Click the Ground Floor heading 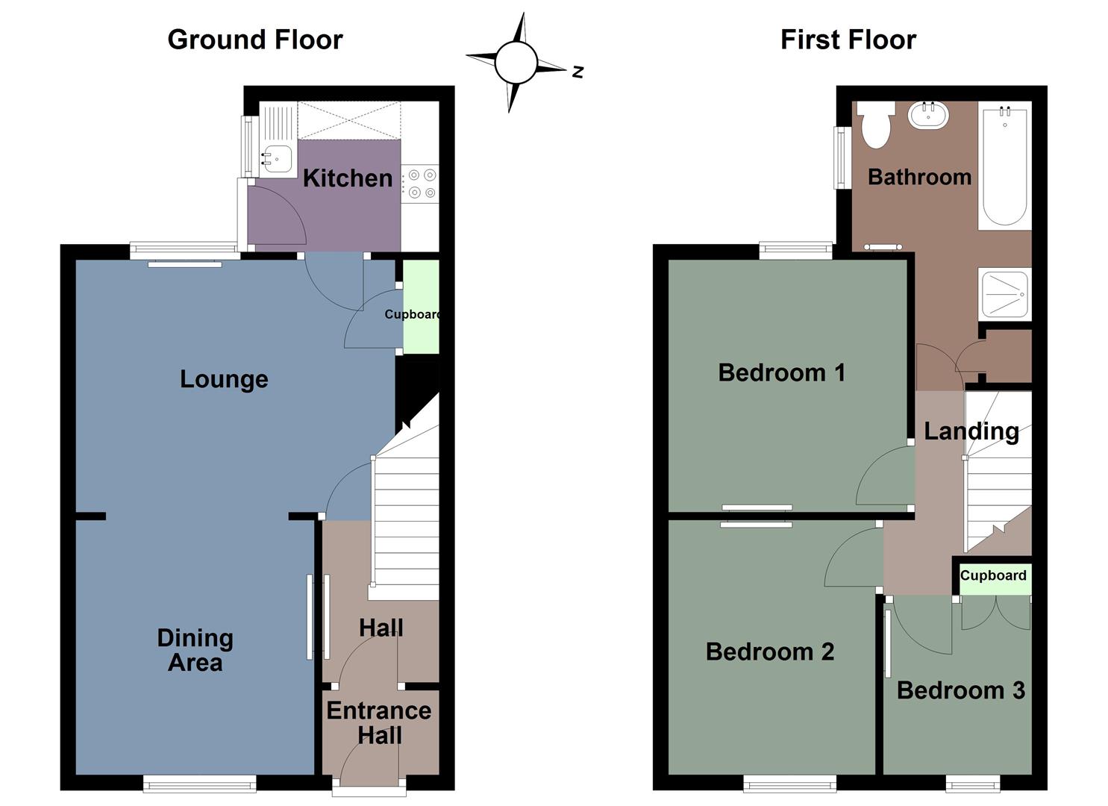(255, 40)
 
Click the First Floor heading (848, 40)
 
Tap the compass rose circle (516, 63)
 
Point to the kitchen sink (276, 158)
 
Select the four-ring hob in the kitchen (420, 184)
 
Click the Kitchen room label (347, 178)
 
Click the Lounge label (224, 379)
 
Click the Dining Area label (195, 650)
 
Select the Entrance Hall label (379, 723)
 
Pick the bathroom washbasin (928, 115)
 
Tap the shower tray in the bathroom (1005, 293)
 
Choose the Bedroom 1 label (781, 372)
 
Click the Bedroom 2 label (769, 652)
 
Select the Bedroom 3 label (960, 690)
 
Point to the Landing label (971, 431)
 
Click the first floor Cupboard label (993, 575)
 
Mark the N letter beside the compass (578, 72)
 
